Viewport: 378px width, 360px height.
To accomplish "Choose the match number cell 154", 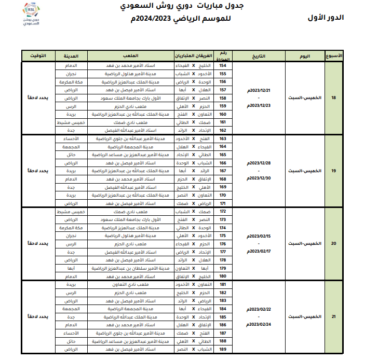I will pyautogui.click(x=223, y=66).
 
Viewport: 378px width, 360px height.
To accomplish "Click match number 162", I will pyautogui.click(x=223, y=130).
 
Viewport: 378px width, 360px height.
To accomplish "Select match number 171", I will pyautogui.click(x=223, y=203).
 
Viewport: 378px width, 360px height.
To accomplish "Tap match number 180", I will pyautogui.click(x=223, y=276).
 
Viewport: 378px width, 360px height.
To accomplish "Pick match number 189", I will pyautogui.click(x=223, y=350).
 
